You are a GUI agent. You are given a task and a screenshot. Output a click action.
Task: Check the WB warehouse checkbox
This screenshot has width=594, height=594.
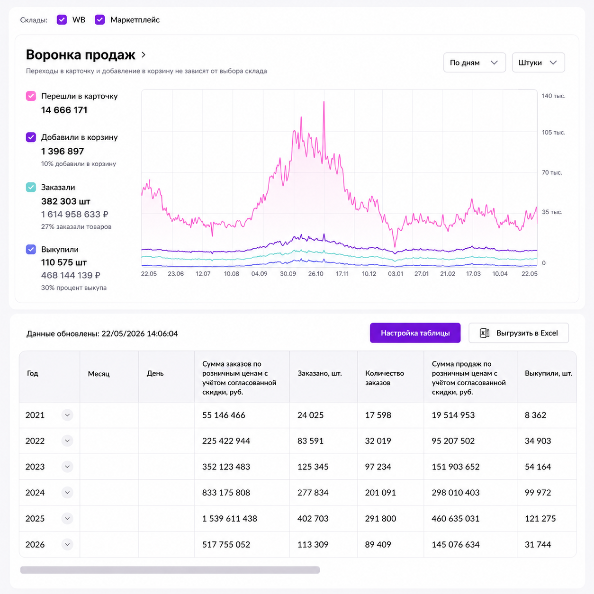pyautogui.click(x=62, y=20)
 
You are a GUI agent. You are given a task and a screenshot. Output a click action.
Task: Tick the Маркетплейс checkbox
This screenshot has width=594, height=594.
pyautogui.click(x=99, y=20)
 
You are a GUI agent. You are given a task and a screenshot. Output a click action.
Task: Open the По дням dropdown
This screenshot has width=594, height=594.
pyautogui.click(x=475, y=63)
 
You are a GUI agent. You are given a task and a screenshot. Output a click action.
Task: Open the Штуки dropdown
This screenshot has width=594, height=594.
pyautogui.click(x=538, y=63)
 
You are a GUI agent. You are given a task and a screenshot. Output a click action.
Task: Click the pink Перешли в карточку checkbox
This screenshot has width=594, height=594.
pyautogui.click(x=31, y=96)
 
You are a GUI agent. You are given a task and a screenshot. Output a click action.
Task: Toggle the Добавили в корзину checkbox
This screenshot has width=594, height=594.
pyautogui.click(x=31, y=137)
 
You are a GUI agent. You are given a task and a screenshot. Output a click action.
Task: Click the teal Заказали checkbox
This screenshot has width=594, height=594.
pyautogui.click(x=31, y=187)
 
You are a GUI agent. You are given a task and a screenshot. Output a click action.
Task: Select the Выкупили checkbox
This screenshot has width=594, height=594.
pyautogui.click(x=31, y=249)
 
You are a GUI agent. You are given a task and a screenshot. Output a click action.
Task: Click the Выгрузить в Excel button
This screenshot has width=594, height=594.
pyautogui.click(x=519, y=333)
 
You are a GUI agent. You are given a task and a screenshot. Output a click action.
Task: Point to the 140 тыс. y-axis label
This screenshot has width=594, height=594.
pyautogui.click(x=554, y=96)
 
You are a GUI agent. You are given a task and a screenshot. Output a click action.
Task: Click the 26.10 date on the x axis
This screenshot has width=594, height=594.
pyautogui.click(x=315, y=274)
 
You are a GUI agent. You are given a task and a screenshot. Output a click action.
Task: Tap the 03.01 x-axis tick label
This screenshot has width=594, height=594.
pyautogui.click(x=396, y=274)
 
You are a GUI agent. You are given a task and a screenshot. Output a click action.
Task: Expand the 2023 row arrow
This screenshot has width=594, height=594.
pyautogui.click(x=67, y=467)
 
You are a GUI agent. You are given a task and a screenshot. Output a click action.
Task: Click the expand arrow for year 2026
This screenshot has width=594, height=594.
pyautogui.click(x=67, y=544)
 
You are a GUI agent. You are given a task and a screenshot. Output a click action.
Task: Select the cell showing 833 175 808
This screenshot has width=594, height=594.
pyautogui.click(x=226, y=493)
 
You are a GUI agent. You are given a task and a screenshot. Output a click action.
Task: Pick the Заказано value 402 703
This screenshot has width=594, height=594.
pyautogui.click(x=313, y=519)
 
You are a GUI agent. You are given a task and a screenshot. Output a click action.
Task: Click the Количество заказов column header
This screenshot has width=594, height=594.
pyautogui.click(x=384, y=378)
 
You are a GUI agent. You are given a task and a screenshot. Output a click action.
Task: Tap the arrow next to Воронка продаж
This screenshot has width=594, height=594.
pyautogui.click(x=144, y=55)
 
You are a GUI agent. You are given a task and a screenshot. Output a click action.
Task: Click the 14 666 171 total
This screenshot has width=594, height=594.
pyautogui.click(x=64, y=110)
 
